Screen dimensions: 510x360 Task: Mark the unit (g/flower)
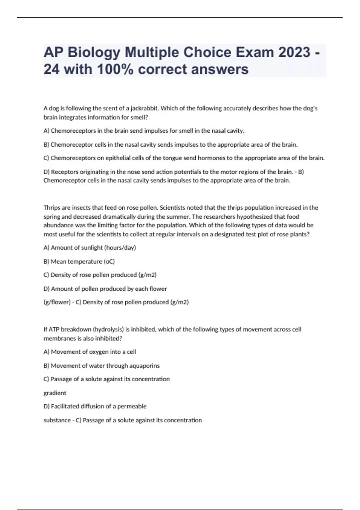tap(57, 302)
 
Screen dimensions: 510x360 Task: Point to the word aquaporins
tap(144, 366)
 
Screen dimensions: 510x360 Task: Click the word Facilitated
tap(65, 406)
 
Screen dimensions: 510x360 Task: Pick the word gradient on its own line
tap(55, 393)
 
